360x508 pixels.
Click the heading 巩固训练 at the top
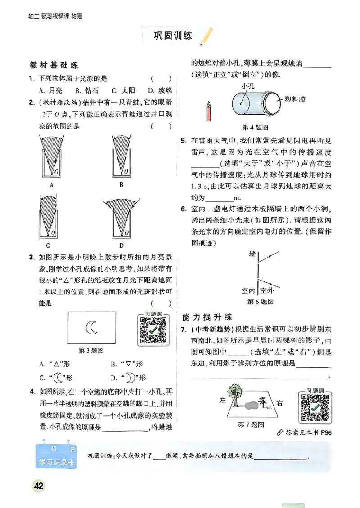[x=173, y=36]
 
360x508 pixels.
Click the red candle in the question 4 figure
[x=208, y=111]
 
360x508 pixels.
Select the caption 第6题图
[x=261, y=301]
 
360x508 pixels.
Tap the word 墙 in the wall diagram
[x=252, y=255]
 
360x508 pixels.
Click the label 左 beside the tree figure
[x=222, y=401]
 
